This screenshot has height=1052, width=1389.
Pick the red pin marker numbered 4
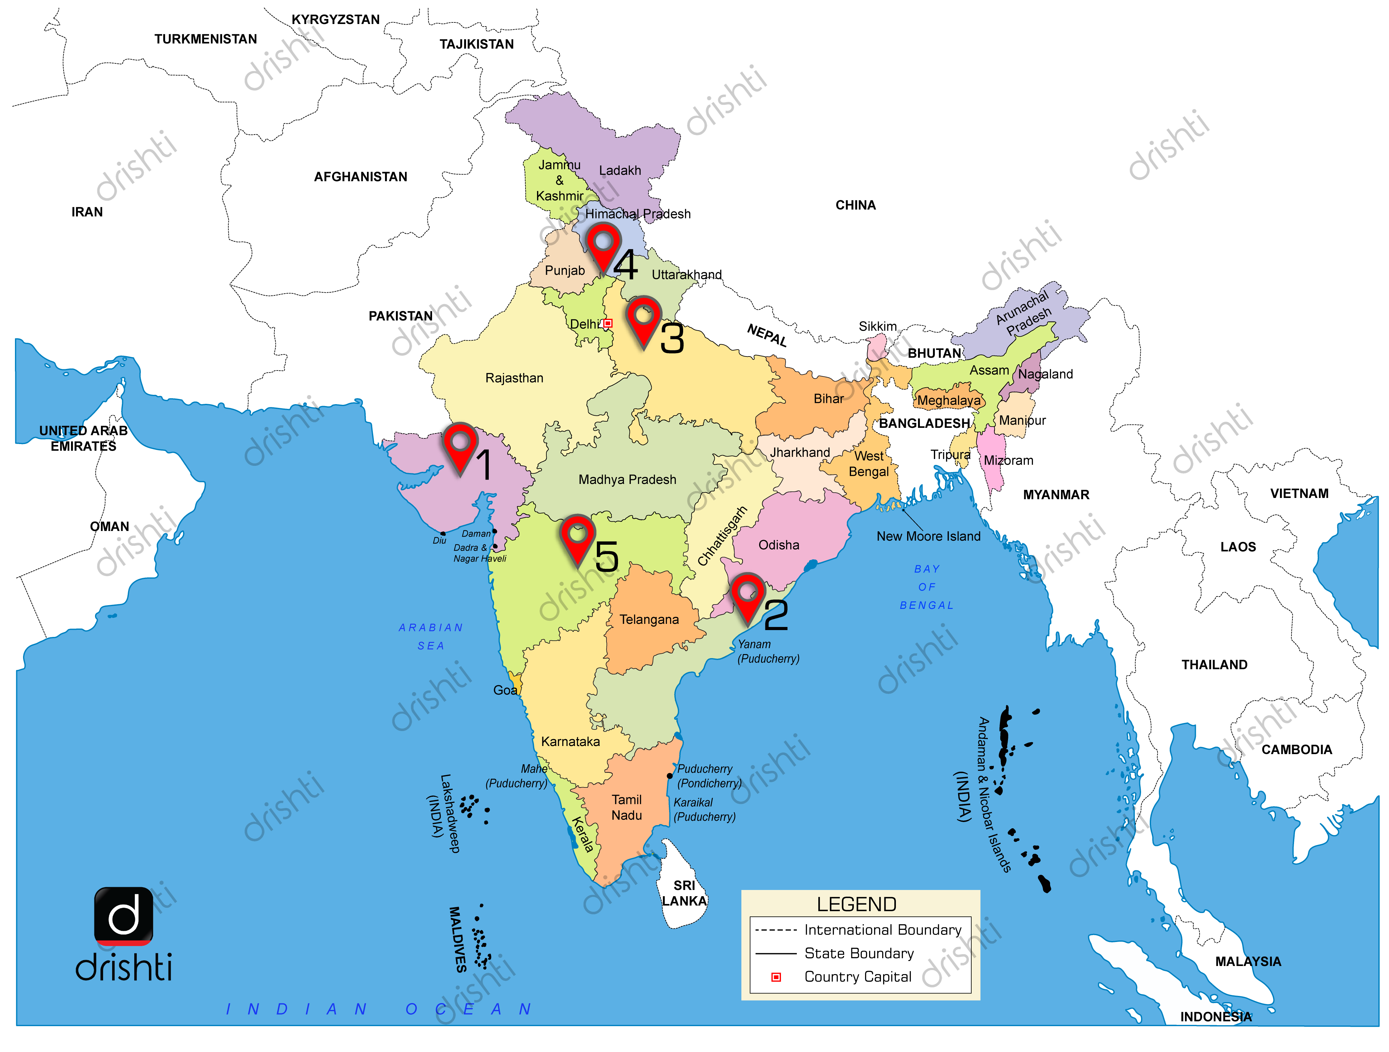[x=603, y=245]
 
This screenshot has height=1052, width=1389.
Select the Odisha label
[x=779, y=545]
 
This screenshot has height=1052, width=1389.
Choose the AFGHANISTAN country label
[x=360, y=177]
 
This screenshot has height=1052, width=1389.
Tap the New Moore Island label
[x=928, y=536]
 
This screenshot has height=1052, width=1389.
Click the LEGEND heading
[x=857, y=904]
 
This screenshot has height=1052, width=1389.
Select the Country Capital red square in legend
[x=776, y=977]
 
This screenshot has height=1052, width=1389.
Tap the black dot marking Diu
[x=443, y=533]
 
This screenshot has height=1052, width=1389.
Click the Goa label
[x=505, y=690]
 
